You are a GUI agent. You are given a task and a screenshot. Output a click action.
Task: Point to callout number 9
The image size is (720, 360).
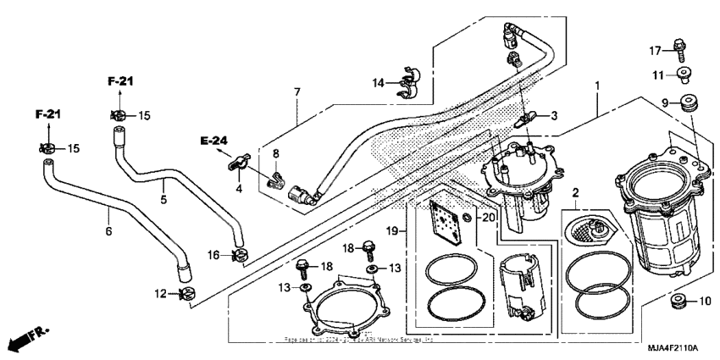click(665, 103)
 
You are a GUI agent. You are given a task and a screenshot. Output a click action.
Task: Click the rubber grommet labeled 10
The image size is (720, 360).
click(678, 301)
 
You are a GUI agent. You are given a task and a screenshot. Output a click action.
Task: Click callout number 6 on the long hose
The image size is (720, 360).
click(108, 230)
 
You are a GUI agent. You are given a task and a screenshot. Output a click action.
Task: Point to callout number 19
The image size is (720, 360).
click(392, 230)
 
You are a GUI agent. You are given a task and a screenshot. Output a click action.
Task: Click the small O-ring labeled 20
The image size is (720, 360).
click(468, 219)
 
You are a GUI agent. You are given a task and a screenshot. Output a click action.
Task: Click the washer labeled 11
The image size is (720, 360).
click(683, 75)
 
